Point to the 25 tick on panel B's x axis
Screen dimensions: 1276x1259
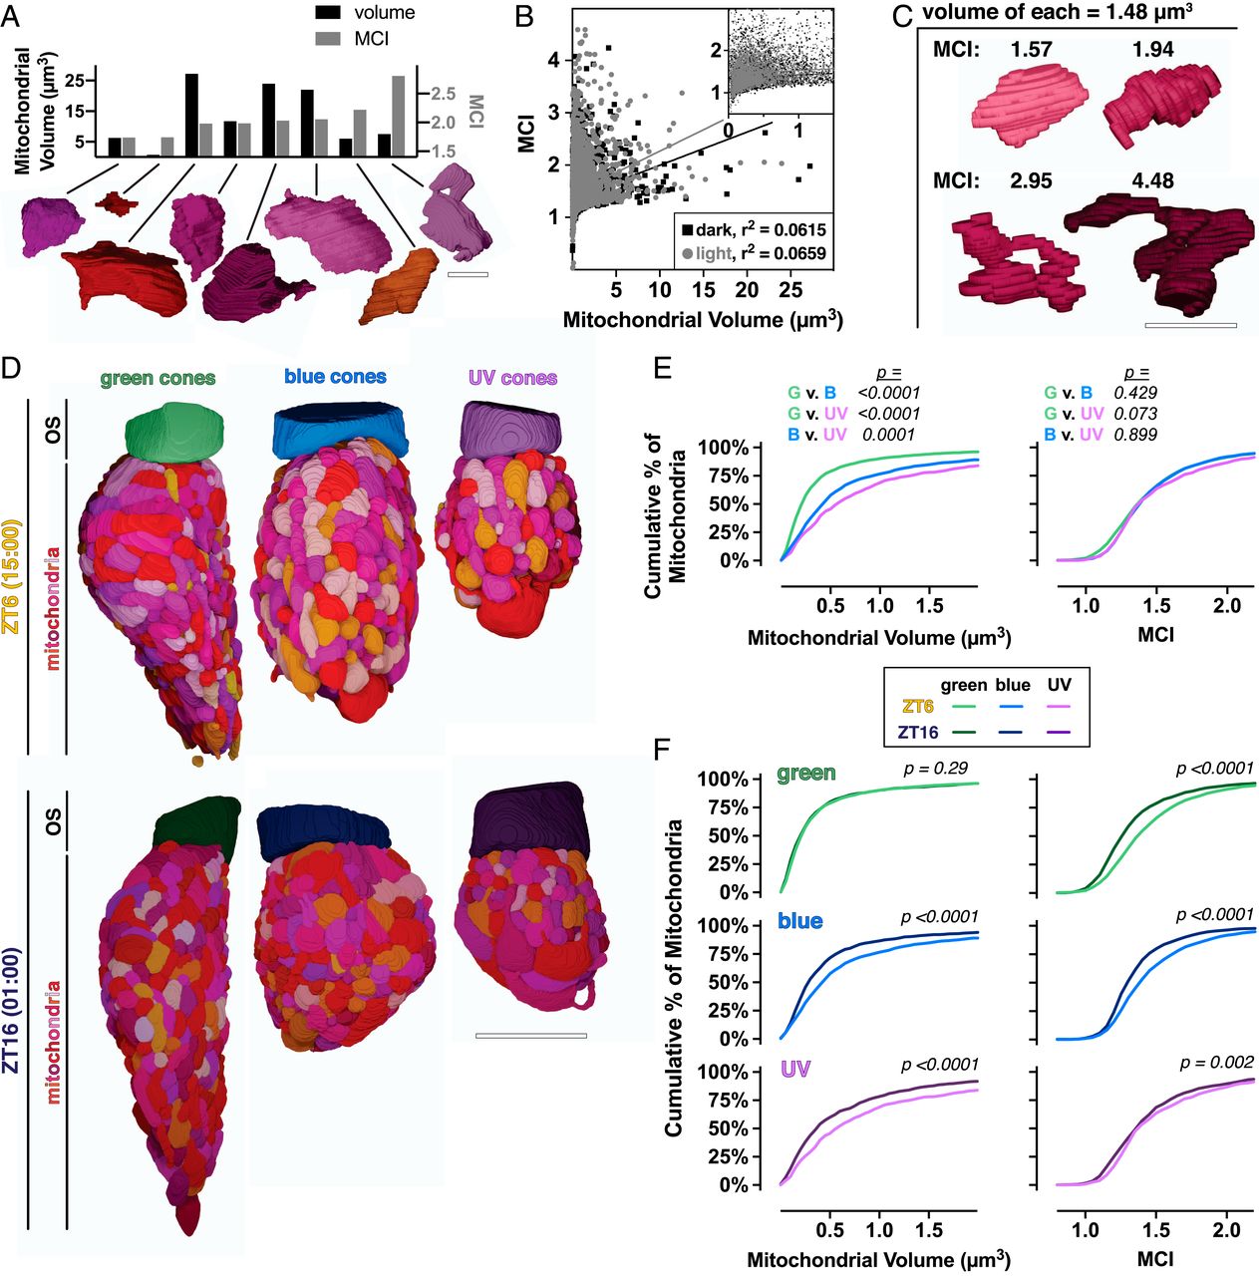pos(790,290)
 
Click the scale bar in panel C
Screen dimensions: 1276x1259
pos(1190,324)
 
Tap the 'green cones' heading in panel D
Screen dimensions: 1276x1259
pos(157,378)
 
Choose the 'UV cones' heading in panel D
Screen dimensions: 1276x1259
pos(512,378)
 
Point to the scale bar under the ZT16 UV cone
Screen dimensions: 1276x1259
pos(530,1036)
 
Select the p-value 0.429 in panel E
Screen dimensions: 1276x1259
pos(1137,394)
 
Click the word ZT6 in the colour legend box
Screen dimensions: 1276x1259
pos(917,706)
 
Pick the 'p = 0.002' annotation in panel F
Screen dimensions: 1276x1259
pos(1216,1063)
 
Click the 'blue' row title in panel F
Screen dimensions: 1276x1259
pos(799,920)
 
